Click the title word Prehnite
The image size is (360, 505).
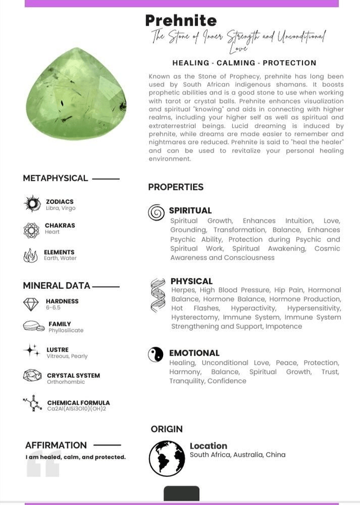point(181,21)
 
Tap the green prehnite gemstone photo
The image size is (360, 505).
point(76,94)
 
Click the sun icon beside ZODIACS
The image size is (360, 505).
point(32,204)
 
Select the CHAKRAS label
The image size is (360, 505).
point(60,225)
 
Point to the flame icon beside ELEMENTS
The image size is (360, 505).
point(30,256)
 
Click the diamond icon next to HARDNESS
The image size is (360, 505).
point(31,304)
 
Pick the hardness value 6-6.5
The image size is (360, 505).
point(53,308)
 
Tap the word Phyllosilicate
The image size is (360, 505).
point(66,330)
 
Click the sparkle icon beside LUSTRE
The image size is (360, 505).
point(31,351)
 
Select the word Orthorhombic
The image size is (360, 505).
point(66,382)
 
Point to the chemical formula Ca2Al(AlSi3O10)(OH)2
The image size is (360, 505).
point(76,409)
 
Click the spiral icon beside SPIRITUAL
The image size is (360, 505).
point(156,212)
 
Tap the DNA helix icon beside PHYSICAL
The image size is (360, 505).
point(158,295)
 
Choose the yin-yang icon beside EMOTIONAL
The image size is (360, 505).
point(156,354)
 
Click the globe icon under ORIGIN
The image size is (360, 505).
point(166,458)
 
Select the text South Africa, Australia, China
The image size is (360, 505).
point(237,455)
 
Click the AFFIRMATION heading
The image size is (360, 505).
point(56,445)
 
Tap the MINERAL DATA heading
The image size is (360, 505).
point(56,286)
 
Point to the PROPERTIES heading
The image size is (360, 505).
point(175,187)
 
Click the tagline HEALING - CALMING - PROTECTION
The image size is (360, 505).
point(244,63)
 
